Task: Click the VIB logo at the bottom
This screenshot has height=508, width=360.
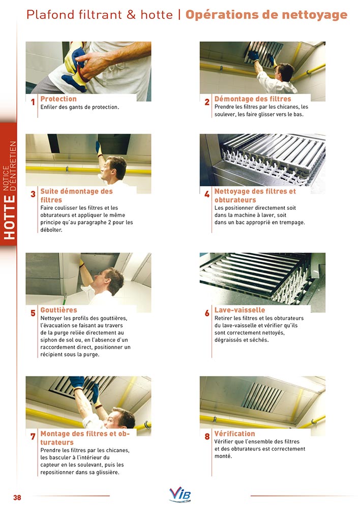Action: pos(180,494)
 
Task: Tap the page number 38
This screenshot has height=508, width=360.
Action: pos(17,497)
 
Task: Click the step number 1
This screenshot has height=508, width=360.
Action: pos(33,103)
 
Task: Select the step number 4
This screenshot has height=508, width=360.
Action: pos(207,195)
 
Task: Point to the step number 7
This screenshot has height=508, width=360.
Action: pos(33,437)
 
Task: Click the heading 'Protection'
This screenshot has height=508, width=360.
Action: pos(58,99)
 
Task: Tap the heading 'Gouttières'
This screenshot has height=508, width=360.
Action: pos(58,310)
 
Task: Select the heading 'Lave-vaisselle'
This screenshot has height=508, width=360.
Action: pos(239,310)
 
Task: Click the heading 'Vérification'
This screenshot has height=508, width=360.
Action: pos(234,433)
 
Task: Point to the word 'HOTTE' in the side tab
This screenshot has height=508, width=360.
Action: pos(10,217)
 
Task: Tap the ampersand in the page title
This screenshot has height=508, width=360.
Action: pos(131,15)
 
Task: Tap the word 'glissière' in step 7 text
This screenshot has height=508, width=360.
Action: pos(107,472)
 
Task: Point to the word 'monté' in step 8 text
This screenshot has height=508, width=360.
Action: pos(223,456)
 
